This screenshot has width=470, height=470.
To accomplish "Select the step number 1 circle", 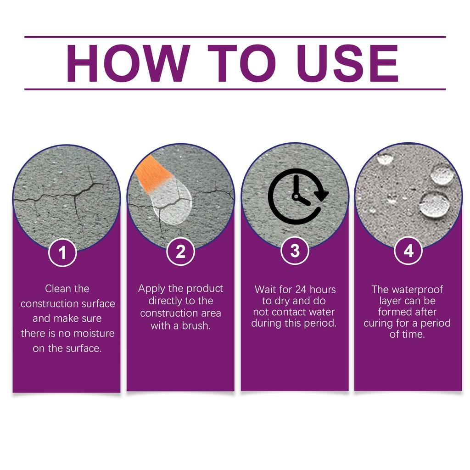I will [62, 252].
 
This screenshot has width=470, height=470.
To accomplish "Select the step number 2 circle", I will [180, 252].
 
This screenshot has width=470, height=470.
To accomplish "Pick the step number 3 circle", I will [295, 251].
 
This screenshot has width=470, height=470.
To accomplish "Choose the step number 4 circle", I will [408, 251].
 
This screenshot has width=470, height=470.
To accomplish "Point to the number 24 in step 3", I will [301, 290].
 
